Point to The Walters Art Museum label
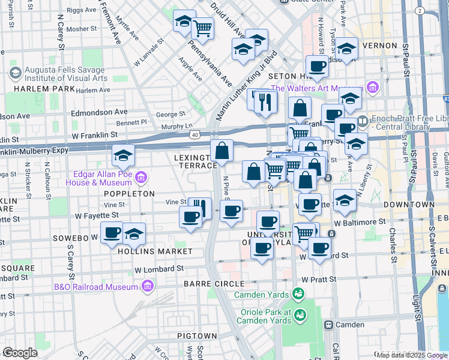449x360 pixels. [x=318, y=88]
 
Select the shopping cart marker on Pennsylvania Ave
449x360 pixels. [x=202, y=26]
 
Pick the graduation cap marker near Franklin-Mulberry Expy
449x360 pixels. [x=123, y=157]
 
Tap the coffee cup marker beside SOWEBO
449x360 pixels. [x=112, y=233]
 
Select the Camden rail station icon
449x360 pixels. [x=328, y=325]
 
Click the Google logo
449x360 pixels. [x=20, y=353]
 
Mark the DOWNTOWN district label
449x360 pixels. [x=391, y=205]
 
